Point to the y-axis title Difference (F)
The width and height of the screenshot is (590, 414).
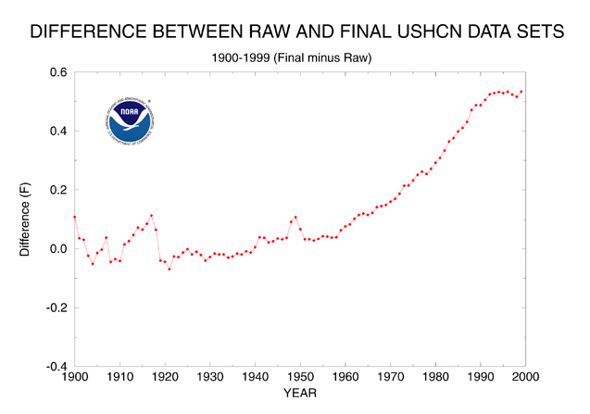tap(27, 220)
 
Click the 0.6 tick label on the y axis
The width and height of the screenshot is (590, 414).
tap(57, 72)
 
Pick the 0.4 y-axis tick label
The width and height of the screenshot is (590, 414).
tap(57, 131)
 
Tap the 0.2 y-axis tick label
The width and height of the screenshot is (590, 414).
tap(57, 190)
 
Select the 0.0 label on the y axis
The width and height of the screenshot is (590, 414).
tap(57, 249)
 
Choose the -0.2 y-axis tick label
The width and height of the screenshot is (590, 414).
tap(56, 307)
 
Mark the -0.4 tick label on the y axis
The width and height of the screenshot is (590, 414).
tap(56, 367)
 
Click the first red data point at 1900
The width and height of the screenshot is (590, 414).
tap(74, 217)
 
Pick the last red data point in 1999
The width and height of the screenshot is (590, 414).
tap(521, 92)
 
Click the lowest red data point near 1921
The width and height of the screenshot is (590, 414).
tap(169, 269)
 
